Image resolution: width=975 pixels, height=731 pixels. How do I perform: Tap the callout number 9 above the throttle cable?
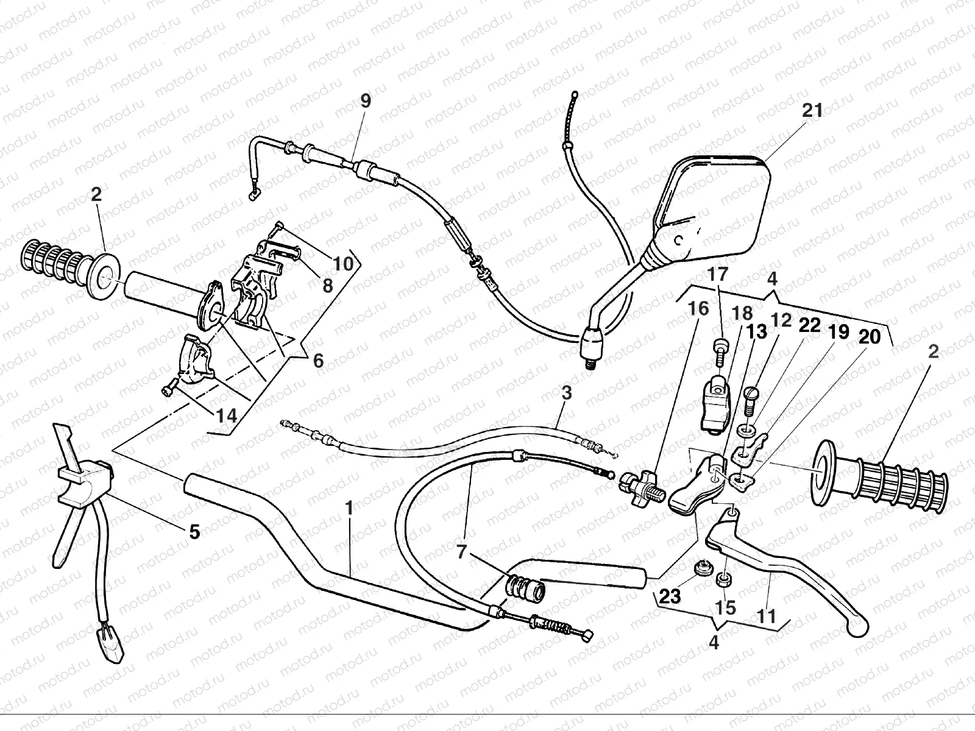tap(365, 101)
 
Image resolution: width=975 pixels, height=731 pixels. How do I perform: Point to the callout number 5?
tap(194, 532)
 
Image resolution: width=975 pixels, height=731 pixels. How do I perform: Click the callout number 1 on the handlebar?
tap(349, 507)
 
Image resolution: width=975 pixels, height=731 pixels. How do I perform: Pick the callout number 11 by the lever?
tap(767, 616)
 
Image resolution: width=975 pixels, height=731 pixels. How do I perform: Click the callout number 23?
tap(670, 596)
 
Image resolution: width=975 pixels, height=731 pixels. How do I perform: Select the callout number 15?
tap(726, 607)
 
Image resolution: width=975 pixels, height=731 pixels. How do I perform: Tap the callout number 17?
tap(718, 274)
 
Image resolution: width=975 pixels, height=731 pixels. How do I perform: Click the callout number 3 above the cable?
tap(567, 393)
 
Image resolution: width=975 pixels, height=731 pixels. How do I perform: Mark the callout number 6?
tap(318, 361)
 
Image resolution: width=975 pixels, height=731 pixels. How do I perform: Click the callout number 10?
tap(343, 264)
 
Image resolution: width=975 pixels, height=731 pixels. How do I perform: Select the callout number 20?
tap(870, 336)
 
